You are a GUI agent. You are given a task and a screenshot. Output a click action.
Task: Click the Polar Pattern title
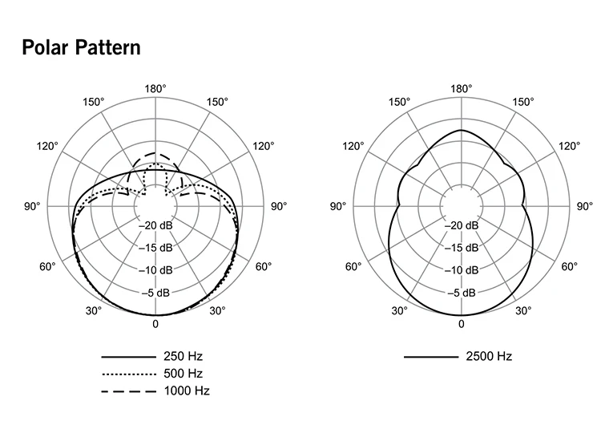click(81, 47)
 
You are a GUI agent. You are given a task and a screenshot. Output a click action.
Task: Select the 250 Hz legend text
click(183, 357)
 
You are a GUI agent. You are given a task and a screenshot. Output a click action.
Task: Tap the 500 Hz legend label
click(183, 374)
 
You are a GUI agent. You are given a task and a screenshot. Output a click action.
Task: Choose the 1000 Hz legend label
click(187, 390)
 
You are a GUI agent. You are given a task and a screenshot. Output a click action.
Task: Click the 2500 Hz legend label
click(489, 357)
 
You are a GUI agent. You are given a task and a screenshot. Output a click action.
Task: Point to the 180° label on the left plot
click(155, 89)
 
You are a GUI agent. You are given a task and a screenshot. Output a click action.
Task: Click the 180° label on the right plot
click(461, 89)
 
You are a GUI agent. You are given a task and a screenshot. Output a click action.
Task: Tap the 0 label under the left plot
click(155, 324)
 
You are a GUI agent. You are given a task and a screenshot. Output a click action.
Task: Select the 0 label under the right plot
click(461, 324)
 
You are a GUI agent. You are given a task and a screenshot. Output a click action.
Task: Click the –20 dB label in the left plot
click(155, 225)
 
